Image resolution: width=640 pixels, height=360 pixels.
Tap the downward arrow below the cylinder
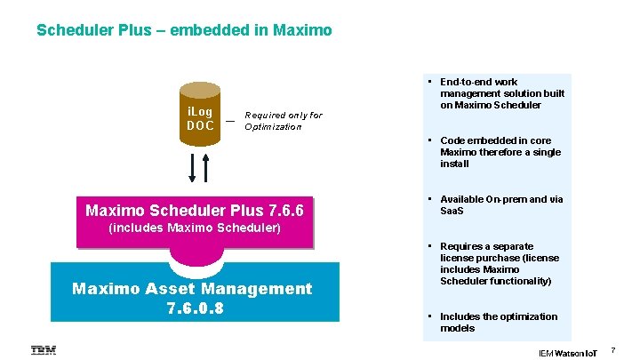[190, 166]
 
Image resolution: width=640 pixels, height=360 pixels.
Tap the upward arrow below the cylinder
[206, 166]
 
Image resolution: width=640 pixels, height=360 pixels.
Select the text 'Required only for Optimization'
[283, 121]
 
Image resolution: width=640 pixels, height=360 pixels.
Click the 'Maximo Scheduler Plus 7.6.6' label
[195, 211]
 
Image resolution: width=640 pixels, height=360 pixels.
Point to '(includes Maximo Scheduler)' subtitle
[195, 228]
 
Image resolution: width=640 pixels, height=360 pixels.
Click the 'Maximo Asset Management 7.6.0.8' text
[192, 297]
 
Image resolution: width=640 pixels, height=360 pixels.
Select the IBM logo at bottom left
[44, 349]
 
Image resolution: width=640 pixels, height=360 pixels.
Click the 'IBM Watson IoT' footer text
[569, 353]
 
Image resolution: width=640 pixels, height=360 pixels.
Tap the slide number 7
[612, 352]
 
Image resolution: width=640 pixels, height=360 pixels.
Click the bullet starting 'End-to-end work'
[502, 93]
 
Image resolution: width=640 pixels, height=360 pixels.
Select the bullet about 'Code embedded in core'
[500, 152]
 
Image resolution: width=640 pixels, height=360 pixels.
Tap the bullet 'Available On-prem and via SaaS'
[501, 204]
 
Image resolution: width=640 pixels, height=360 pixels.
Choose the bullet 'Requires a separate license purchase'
[500, 263]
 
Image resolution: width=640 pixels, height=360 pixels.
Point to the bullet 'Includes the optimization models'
[499, 322]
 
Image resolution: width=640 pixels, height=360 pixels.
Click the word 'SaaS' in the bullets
[452, 211]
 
